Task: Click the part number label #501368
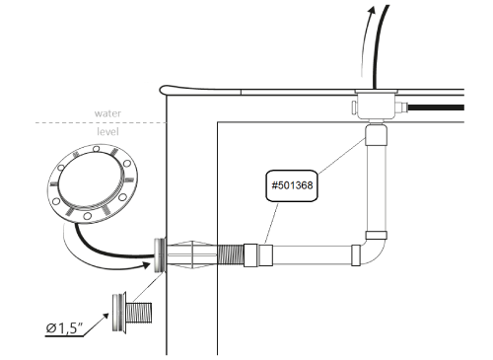coord(292,185)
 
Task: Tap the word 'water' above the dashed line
coord(107,113)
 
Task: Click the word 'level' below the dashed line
coord(107,131)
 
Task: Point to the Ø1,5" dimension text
coord(64,327)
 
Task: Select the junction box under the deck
coord(377,106)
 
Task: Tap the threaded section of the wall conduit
coord(230,254)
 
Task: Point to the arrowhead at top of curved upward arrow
coord(372,10)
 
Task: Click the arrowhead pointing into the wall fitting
coord(146,265)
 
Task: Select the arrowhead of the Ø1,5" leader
coord(106,316)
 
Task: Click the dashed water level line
coord(101,122)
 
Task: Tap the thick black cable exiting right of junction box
coord(436,108)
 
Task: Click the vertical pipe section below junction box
coord(376,188)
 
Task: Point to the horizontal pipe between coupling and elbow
coord(312,254)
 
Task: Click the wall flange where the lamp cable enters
coord(159,254)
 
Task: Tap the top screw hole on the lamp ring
coord(96,149)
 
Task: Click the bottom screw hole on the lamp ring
coord(87,216)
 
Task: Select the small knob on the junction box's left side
coord(354,108)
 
